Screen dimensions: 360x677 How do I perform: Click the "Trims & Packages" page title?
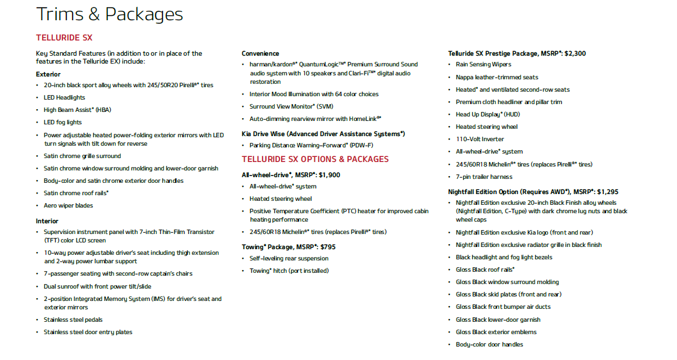(110, 15)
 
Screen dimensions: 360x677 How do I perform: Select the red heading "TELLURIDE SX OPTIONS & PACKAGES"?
(315, 159)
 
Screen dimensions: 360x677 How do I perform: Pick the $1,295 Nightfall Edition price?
(605, 192)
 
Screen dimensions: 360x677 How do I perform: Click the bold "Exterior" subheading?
(48, 74)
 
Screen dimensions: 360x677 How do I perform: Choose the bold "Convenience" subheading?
(260, 53)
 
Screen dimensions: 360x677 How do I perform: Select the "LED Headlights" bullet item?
(65, 98)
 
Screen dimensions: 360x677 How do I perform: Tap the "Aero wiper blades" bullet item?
(69, 206)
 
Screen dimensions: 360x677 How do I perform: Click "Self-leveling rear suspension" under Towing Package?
(289, 259)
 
